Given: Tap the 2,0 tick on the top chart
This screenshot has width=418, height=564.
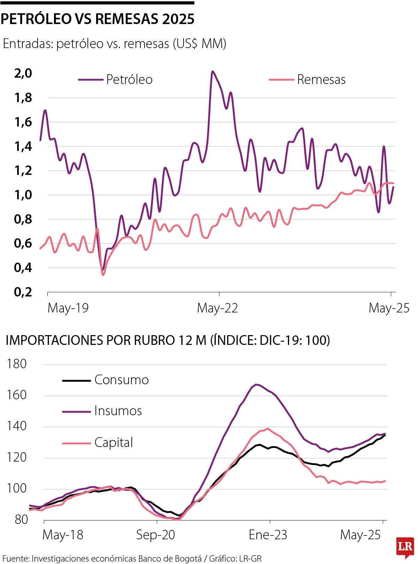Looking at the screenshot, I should [23, 74].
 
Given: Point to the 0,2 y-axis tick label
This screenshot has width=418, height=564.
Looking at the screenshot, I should [23, 292].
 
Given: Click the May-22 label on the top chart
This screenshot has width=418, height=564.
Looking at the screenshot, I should [217, 308].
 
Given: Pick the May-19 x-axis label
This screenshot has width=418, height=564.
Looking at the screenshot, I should [68, 308].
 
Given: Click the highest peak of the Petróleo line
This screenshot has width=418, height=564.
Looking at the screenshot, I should [212, 72].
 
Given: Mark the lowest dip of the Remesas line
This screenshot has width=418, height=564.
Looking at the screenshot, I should [103, 275].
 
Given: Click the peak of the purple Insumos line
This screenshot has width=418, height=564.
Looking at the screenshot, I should [256, 385].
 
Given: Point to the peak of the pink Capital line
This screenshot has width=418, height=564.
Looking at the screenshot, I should [268, 429].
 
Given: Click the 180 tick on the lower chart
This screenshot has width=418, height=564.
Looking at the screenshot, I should [17, 364].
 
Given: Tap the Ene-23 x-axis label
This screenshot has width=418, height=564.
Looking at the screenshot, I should [268, 535].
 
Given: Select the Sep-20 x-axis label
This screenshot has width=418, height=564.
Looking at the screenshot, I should [155, 535].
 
